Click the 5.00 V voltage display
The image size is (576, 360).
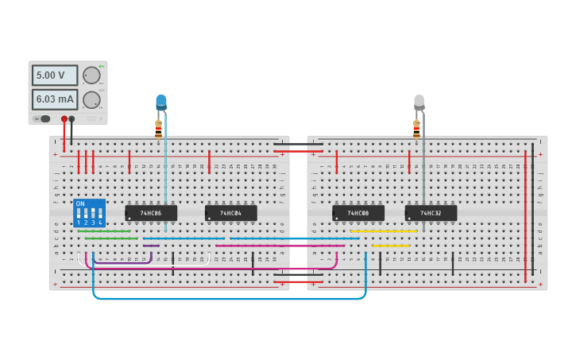[54, 75]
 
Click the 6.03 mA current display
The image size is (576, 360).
[54, 99]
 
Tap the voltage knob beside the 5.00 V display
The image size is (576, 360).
[91, 75]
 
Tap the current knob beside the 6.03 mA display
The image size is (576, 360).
[91, 99]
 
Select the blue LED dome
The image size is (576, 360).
[161, 103]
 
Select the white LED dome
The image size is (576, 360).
[419, 102]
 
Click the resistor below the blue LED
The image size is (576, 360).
[158, 129]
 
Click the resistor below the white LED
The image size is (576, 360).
[416, 129]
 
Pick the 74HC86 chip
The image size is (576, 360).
[151, 213]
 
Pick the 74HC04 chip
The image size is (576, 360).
[230, 213]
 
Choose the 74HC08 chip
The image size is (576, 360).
[358, 213]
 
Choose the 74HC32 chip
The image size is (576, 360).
[431, 213]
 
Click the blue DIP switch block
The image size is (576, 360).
[89, 213]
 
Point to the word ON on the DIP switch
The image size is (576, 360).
[79, 203]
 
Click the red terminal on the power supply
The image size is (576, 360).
[64, 119]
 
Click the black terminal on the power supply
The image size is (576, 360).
[72, 119]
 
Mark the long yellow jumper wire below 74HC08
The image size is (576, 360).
[384, 231]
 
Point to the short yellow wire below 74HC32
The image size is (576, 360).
[391, 246]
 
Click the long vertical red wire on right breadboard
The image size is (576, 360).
[525, 215]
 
